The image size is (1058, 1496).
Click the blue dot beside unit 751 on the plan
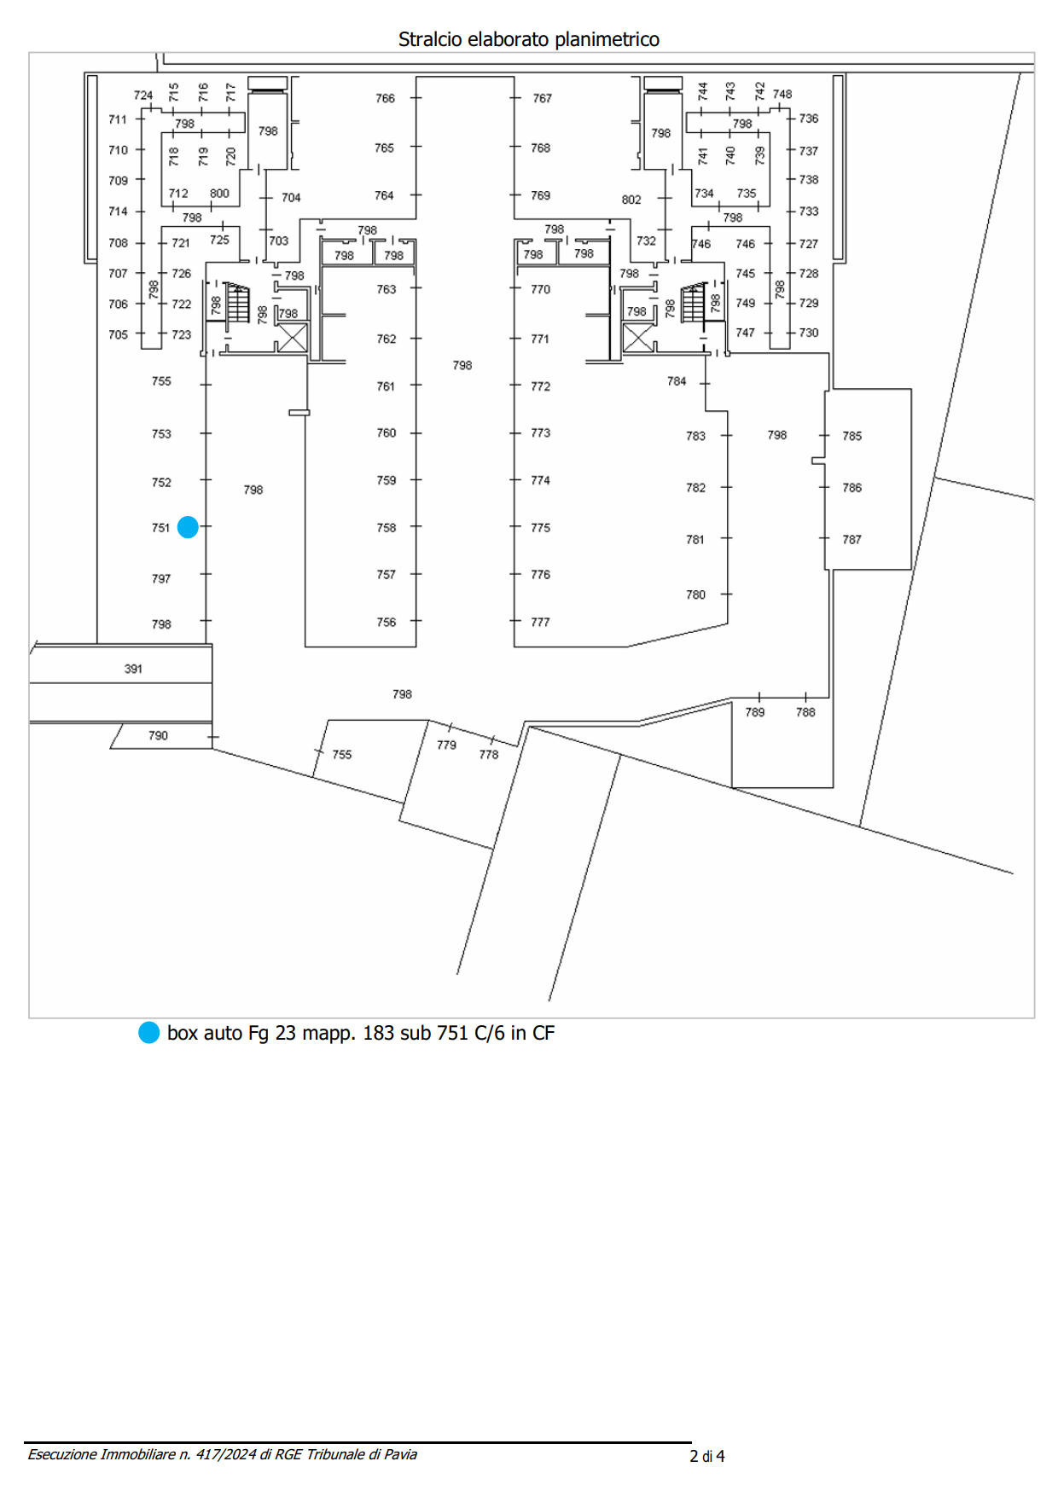188,527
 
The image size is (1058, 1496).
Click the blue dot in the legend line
149,1032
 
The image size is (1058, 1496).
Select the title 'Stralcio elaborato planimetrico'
529,39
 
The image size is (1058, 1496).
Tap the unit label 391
133,669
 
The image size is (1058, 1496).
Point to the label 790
158,735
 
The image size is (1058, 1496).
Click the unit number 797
161,578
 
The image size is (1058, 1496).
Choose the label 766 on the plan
386,98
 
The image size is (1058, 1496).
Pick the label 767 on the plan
543,98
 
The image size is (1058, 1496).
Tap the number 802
631,200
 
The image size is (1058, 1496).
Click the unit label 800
219,193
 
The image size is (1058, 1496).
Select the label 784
677,381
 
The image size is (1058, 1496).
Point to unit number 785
852,436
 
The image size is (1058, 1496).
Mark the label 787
852,539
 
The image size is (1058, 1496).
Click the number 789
755,712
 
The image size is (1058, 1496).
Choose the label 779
446,745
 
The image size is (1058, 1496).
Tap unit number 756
387,622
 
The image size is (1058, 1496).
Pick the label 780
696,594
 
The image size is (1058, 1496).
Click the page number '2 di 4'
707,1456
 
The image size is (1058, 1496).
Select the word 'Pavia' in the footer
400,1454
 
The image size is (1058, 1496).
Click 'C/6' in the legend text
490,1033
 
